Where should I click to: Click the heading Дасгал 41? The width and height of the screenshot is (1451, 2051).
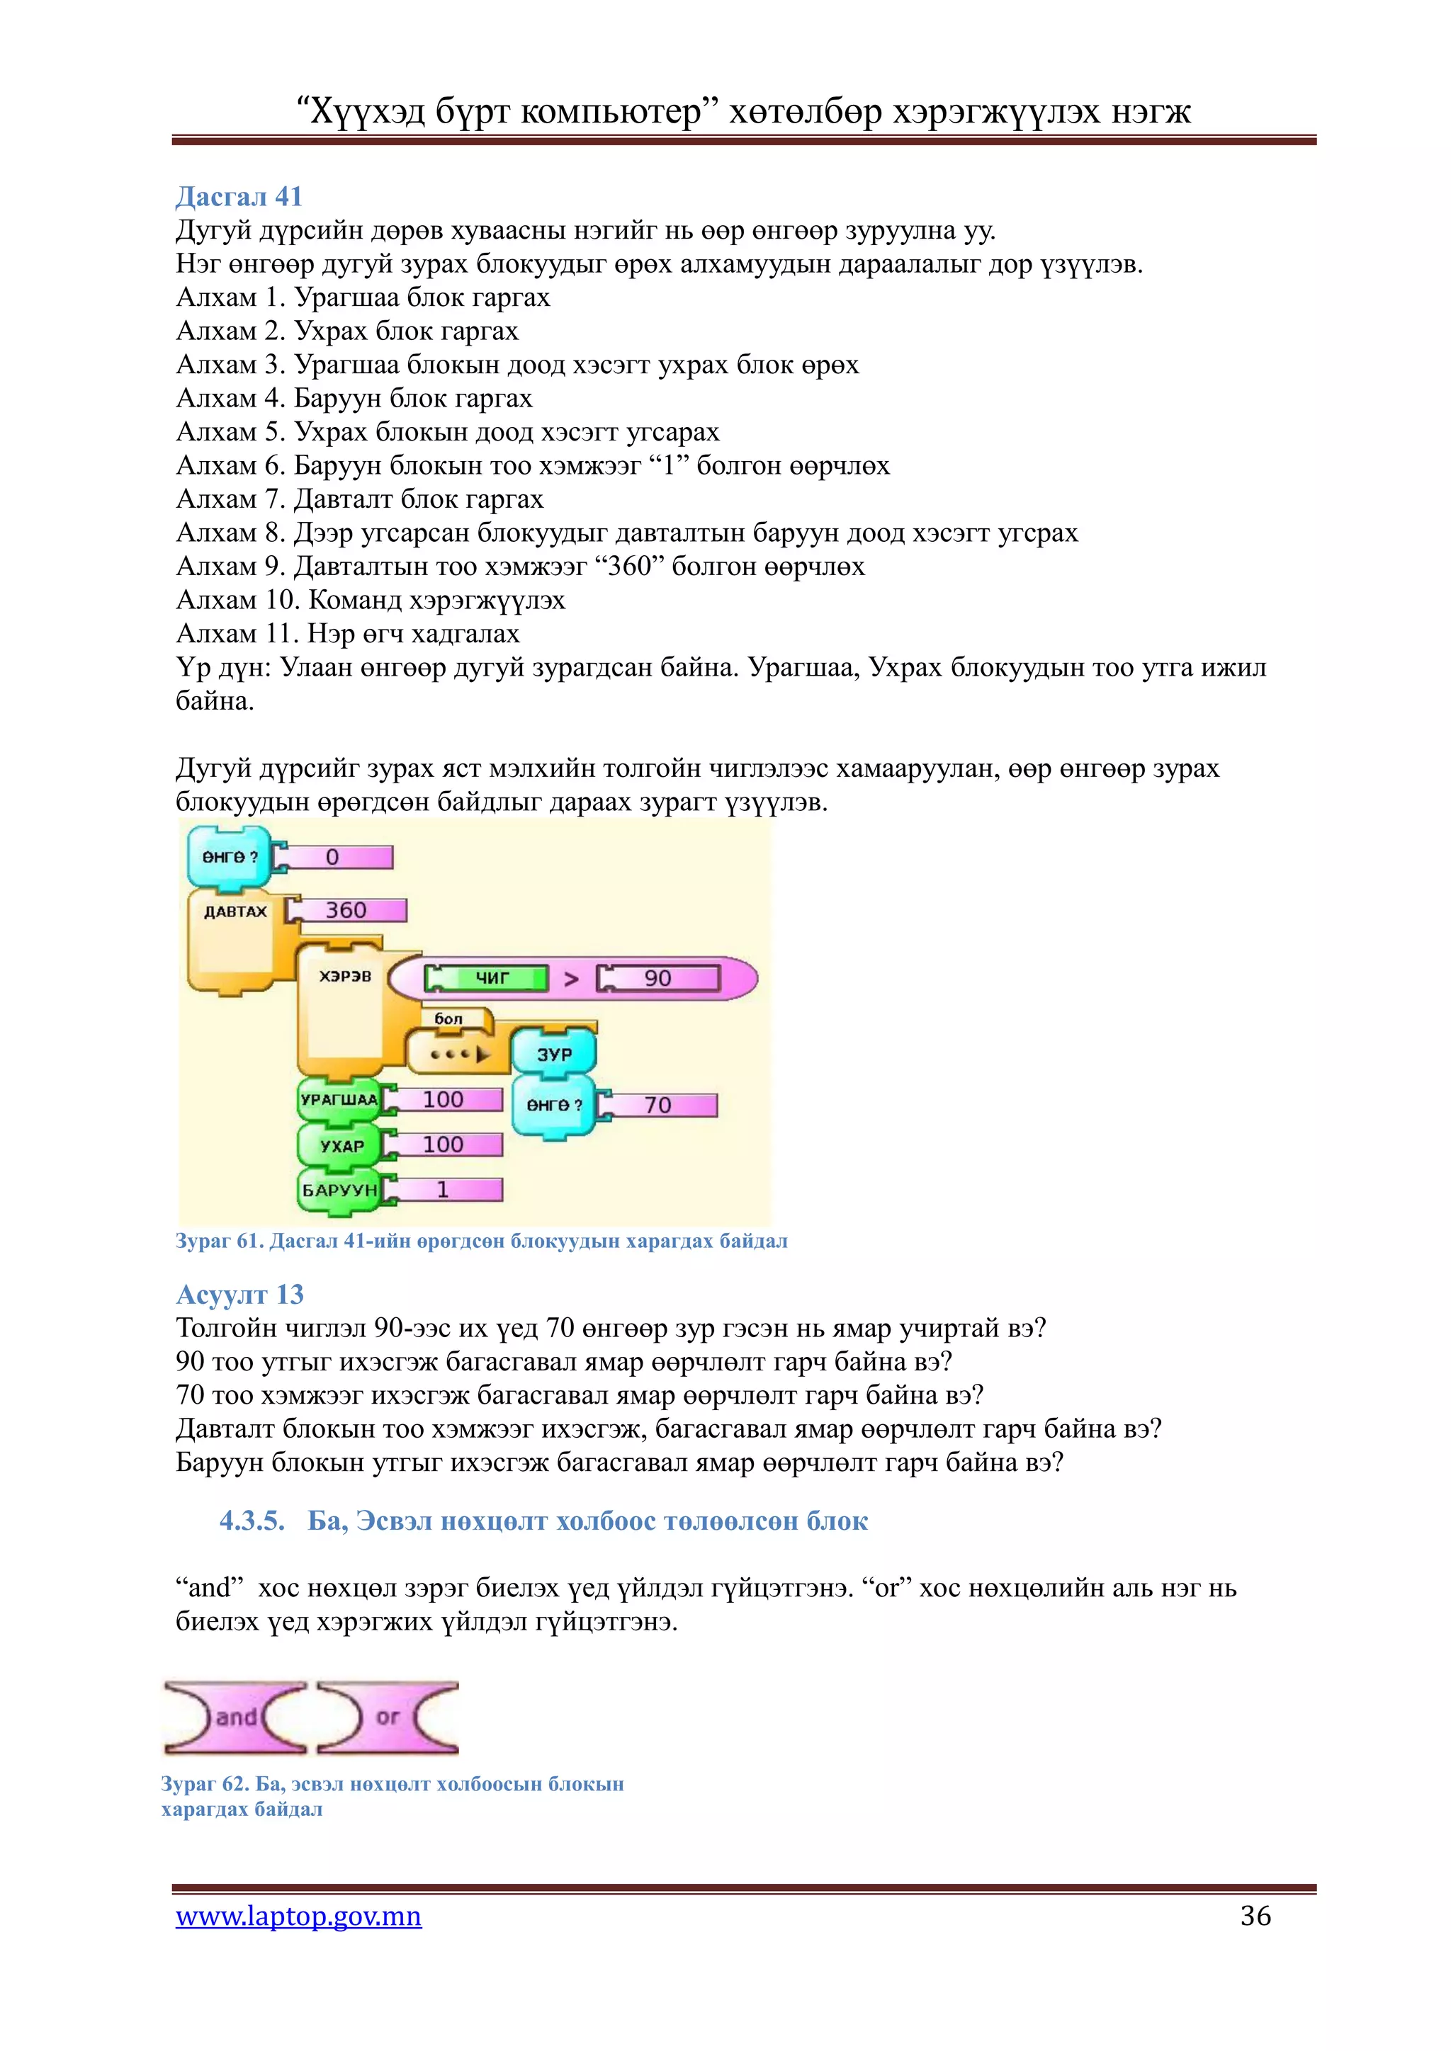[x=239, y=196]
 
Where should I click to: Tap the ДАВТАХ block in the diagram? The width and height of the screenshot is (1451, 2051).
[x=235, y=912]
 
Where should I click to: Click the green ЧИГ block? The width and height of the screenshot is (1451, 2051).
[x=488, y=978]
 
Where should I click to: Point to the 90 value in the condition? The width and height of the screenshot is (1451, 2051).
[x=658, y=978]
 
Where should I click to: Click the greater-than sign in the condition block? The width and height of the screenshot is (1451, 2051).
[x=572, y=979]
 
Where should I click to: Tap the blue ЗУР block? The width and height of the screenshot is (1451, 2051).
[x=554, y=1054]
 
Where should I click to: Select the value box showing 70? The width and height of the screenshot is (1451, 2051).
[x=658, y=1105]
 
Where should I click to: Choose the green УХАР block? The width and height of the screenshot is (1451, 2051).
[x=340, y=1145]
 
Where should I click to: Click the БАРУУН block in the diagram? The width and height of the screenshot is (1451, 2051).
[x=339, y=1190]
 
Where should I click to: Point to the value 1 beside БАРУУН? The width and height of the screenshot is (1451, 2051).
[x=443, y=1190]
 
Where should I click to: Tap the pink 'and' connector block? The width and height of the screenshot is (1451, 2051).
[x=236, y=1717]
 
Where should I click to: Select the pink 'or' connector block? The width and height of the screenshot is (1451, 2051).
[x=388, y=1717]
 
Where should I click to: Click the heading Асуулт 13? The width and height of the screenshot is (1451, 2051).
[x=239, y=1295]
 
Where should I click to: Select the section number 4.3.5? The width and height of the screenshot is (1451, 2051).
[x=252, y=1521]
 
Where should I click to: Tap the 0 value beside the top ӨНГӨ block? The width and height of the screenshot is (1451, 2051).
[x=333, y=858]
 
